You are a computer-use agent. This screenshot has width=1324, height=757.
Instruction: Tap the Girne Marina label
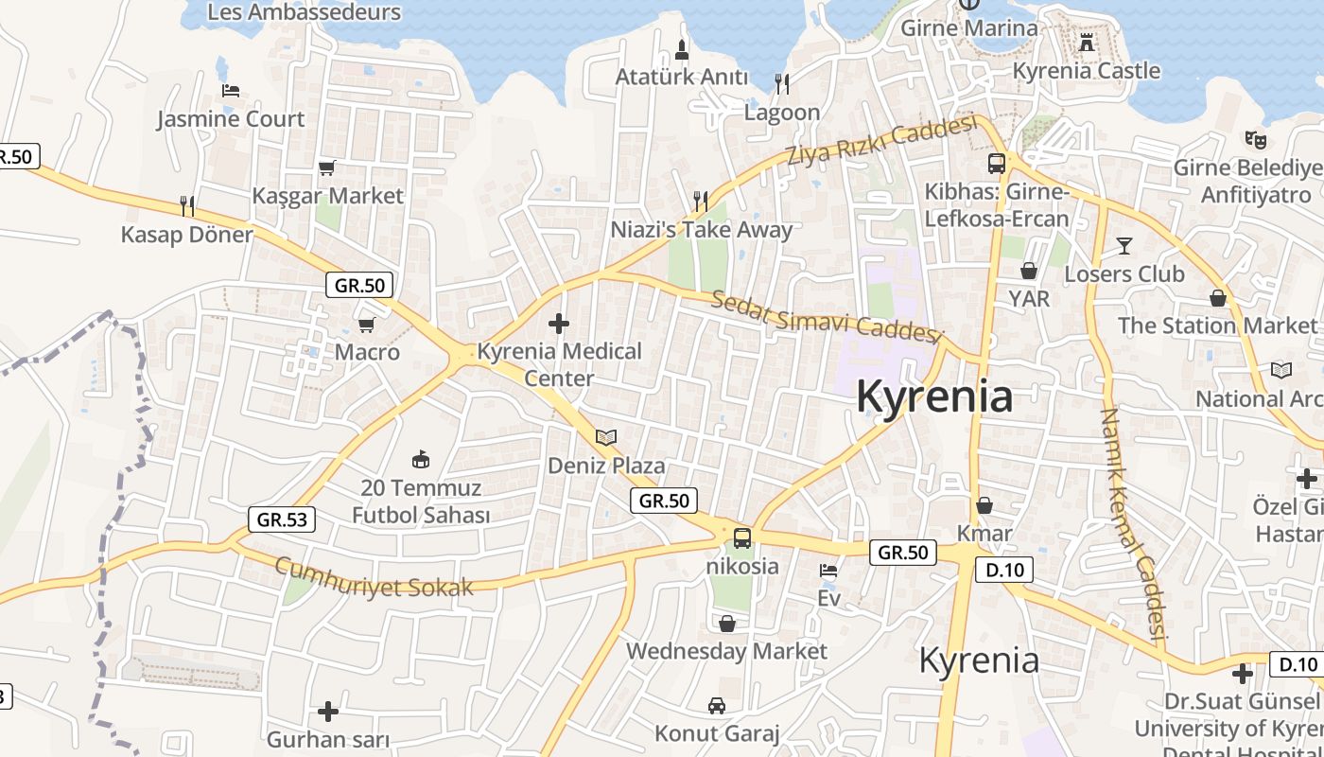[x=968, y=27]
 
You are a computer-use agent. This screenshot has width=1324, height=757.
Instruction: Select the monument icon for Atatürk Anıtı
[x=682, y=49]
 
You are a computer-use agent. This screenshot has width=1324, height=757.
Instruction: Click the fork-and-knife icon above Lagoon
[x=782, y=84]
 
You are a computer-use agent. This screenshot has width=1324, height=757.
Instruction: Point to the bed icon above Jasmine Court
[x=231, y=91]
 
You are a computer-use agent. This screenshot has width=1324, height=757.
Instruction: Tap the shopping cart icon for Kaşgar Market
[x=327, y=168]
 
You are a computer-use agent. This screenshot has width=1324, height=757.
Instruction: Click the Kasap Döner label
[x=186, y=235]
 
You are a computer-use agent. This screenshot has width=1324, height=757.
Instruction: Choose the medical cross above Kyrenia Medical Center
[x=559, y=324]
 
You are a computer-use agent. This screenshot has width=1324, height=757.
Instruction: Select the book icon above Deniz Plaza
[x=606, y=438]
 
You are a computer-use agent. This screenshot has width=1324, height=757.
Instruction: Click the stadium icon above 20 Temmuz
[x=421, y=460]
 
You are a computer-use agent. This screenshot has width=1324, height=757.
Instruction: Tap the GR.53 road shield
[x=282, y=519]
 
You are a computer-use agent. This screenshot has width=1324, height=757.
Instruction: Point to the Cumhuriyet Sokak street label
[x=374, y=578]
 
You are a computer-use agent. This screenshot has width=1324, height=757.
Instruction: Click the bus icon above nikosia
[x=742, y=538]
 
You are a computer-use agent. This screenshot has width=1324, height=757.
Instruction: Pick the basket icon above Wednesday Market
[x=727, y=624]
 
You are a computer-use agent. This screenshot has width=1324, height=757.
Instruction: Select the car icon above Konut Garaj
[x=717, y=706]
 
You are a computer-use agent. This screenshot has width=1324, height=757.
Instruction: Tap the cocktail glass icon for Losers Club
[x=1124, y=246]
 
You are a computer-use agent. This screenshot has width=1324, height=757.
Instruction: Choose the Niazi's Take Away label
[x=701, y=229]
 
